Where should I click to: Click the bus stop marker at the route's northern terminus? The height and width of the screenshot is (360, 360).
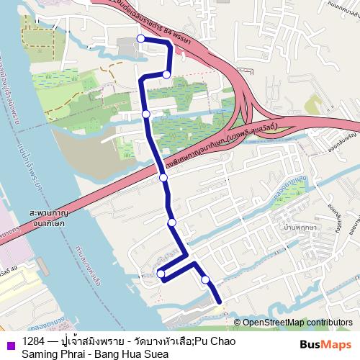coord(140,39)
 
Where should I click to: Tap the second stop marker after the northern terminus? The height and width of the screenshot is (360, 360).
coord(146,114)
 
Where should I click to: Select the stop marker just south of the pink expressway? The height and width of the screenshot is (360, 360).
coord(163,177)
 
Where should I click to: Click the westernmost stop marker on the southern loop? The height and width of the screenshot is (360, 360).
coord(161,273)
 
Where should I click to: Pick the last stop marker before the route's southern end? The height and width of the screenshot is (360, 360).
coord(205,279)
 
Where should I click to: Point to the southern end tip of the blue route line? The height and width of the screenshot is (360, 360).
coord(219,300)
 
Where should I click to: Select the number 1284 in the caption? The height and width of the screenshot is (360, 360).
coord(32,341)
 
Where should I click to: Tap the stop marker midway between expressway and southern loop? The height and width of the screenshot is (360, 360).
coord(171,223)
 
